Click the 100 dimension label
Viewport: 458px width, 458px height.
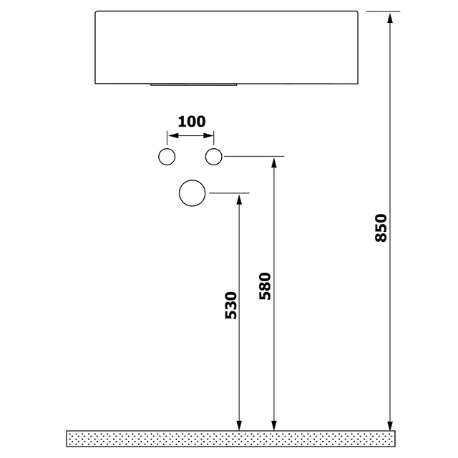point(191,121)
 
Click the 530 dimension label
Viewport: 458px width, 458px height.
point(230,306)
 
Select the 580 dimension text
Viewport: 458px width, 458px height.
point(265,286)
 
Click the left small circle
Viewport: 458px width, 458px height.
point(167,157)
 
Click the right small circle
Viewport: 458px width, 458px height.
point(214,157)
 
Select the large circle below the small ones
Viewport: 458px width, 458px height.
point(193,193)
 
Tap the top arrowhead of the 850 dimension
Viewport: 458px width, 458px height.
point(390,17)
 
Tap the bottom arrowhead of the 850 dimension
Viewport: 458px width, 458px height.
point(390,425)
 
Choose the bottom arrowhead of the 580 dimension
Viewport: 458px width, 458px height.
point(273,425)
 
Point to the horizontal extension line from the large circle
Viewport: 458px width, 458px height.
point(228,193)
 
